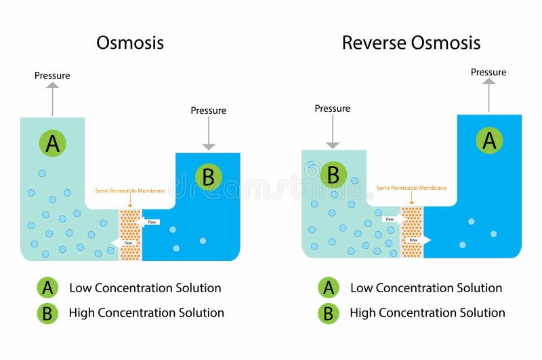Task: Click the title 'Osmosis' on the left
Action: tap(130, 43)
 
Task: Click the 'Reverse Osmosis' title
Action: tap(411, 43)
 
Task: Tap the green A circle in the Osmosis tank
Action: tap(53, 143)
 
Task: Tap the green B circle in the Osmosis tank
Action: tap(208, 176)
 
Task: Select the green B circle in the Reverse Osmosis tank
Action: tap(333, 174)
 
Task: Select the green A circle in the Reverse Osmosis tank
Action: tap(488, 140)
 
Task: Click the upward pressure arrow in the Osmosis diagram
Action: tap(53, 99)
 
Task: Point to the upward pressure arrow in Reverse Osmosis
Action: tap(488, 95)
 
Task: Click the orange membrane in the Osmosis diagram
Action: tap(129, 235)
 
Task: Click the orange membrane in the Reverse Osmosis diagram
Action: tap(411, 233)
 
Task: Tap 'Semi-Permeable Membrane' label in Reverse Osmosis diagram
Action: tap(411, 188)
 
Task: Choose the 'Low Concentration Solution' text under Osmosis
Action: tap(145, 287)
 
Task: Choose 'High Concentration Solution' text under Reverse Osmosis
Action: tap(427, 313)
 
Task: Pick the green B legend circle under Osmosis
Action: tap(48, 313)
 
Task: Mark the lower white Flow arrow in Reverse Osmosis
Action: tap(416, 239)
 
